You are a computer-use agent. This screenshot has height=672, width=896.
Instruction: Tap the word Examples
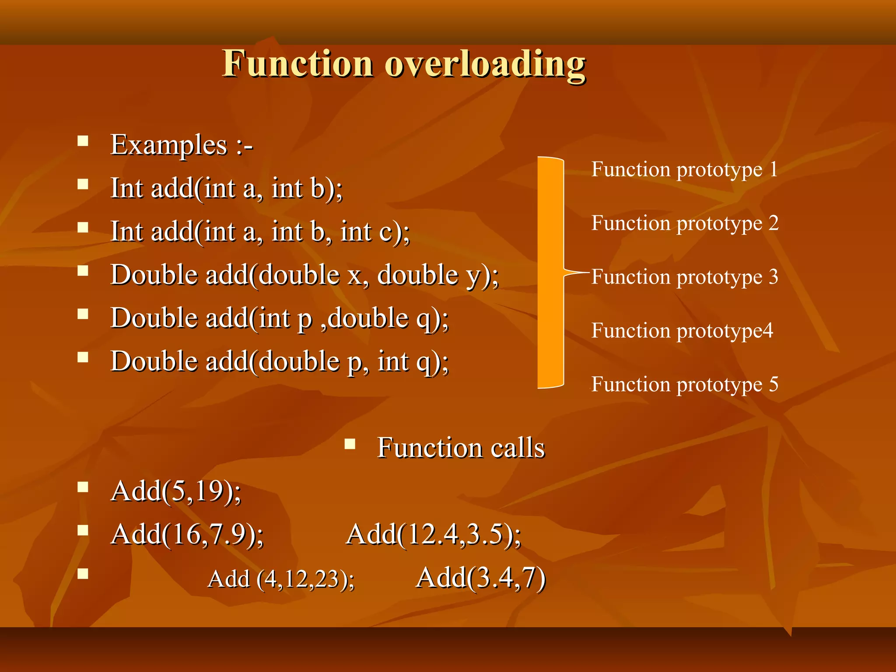click(x=169, y=145)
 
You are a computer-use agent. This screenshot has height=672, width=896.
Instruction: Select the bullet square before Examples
click(x=83, y=141)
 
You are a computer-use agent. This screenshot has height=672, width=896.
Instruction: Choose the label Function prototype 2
click(x=685, y=224)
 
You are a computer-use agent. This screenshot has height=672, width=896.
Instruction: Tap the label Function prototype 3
click(x=685, y=277)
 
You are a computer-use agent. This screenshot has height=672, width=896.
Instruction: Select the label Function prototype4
click(x=682, y=331)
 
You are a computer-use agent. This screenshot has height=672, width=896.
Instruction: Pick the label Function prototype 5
click(x=685, y=385)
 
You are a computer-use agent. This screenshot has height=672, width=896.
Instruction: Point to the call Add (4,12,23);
click(x=281, y=579)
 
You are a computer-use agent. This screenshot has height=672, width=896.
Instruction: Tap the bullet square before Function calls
click(x=350, y=444)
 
